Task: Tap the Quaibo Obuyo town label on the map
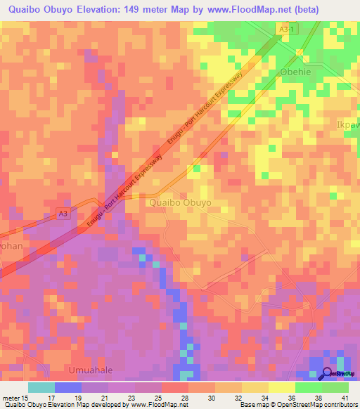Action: (x=180, y=202)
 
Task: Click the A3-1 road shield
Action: (x=283, y=28)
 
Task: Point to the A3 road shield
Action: (x=63, y=214)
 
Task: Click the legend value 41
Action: (x=345, y=397)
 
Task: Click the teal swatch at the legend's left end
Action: (x=41, y=387)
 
